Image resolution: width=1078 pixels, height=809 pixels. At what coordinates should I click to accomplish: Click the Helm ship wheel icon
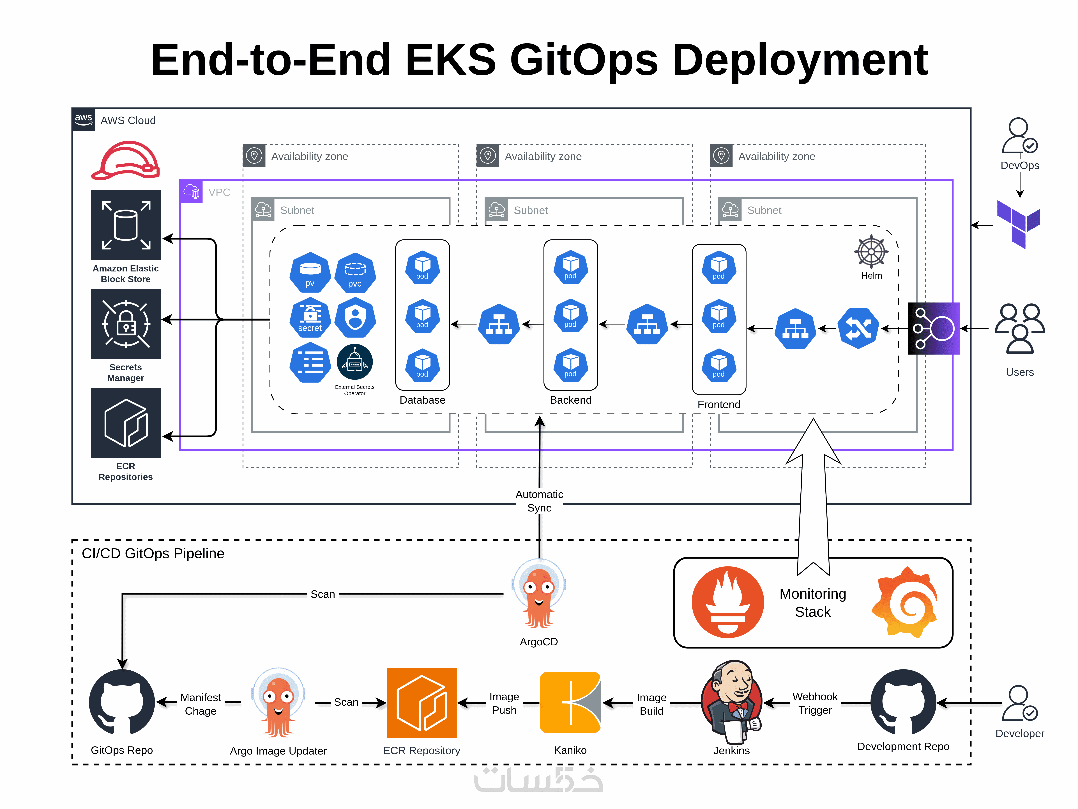871,252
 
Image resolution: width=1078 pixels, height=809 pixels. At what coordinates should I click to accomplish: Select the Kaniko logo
570,703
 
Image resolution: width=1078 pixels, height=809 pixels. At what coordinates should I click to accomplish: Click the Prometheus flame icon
728,602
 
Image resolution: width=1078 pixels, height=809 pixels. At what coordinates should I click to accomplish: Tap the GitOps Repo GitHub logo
122,702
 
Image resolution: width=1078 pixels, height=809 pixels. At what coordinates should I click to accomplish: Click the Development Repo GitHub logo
903,702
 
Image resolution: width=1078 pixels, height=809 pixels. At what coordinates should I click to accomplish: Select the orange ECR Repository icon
421,703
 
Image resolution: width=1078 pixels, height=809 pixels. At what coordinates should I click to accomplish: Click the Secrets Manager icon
126,324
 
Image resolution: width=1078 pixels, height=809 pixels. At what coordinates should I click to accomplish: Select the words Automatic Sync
539,501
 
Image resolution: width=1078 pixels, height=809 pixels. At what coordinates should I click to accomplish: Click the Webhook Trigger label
815,703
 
